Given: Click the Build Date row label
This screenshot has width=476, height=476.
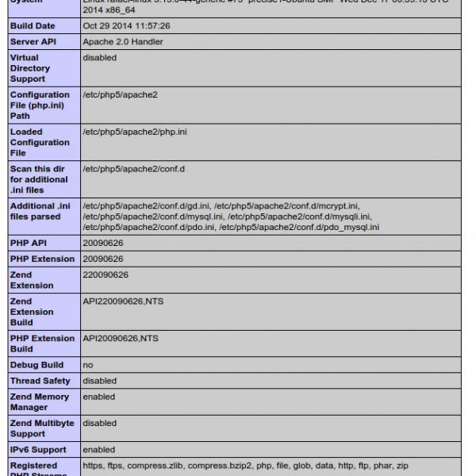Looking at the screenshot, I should pos(33,26).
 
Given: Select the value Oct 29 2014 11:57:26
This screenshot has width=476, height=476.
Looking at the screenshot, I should pos(125,26).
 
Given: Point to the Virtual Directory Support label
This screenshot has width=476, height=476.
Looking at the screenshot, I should pos(29,68).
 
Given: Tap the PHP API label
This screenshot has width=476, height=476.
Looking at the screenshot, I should pos(28,243).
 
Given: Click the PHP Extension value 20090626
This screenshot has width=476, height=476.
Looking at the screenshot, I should pos(102,259).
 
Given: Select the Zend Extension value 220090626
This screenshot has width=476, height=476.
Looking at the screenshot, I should pos(105,274).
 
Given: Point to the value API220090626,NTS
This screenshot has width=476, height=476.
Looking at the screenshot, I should pos(123,301).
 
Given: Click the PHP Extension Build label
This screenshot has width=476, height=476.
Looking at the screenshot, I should pos(42,344).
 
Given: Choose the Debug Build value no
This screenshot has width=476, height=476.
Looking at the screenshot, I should pos(87,365).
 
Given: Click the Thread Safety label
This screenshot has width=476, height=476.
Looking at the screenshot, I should pos(40,381).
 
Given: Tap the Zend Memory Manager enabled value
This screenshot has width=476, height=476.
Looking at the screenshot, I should pos(98,397).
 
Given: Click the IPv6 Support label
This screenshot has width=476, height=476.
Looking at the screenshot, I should pos(38,450).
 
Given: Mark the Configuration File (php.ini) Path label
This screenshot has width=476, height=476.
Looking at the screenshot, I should pos(39,106).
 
